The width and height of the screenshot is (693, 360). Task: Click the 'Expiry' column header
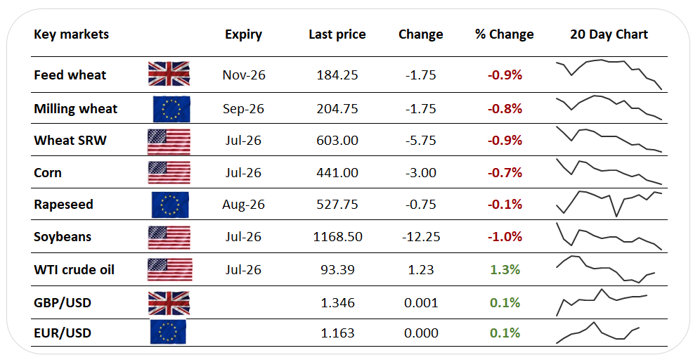point(243,34)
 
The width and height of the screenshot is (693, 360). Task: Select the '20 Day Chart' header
point(609,34)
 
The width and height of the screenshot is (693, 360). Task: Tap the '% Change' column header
point(504,34)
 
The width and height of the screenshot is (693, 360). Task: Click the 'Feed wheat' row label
point(70,75)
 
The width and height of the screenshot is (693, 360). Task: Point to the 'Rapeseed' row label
point(63,205)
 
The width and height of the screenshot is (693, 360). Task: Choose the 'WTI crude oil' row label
point(74,269)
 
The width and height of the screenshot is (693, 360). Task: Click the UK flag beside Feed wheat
point(169,73)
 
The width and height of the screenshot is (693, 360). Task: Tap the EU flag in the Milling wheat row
point(171,109)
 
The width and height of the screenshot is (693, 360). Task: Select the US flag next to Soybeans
point(169,238)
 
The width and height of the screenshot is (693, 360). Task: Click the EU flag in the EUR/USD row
point(168,332)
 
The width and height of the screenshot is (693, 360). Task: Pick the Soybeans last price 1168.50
point(337,237)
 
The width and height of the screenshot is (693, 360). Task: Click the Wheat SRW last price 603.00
point(337,140)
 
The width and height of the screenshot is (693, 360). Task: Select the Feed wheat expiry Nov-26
point(244,75)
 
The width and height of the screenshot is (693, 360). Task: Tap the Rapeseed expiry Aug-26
point(243,205)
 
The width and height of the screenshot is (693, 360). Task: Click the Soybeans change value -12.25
point(421,237)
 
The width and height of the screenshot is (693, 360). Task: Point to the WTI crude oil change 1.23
point(421,269)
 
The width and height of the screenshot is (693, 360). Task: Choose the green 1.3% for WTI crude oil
point(505,269)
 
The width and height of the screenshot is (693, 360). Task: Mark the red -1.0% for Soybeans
point(505,237)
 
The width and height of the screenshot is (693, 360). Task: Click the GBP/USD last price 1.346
point(337,302)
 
